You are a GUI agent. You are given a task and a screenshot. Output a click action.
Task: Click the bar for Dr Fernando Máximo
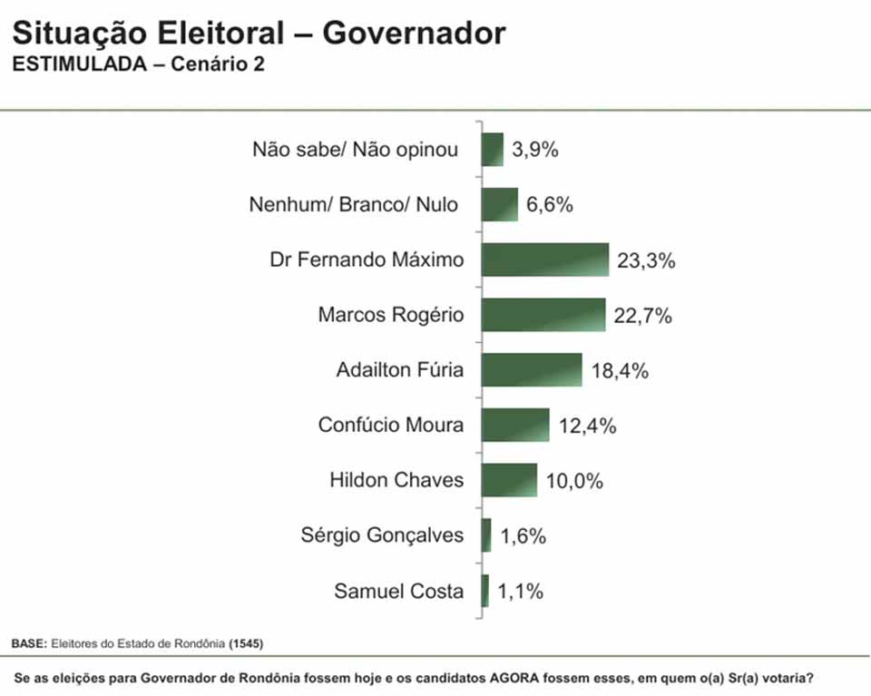pos(544,260)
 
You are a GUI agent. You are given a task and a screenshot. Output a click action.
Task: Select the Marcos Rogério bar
pos(543,315)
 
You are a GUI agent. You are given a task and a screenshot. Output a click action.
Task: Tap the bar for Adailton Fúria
pos(531,369)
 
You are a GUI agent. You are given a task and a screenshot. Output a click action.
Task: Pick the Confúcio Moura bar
pos(514,425)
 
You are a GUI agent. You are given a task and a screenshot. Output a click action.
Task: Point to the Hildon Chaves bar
pos(508,480)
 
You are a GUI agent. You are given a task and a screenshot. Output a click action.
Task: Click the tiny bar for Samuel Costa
pos(485,591)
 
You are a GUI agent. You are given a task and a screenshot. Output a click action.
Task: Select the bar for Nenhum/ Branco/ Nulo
pos(499,204)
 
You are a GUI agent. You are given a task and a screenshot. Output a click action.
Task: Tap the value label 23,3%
pos(647,261)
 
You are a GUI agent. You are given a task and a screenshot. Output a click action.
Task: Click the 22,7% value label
pos(643,316)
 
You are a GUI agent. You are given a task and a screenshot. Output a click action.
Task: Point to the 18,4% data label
pos(620,371)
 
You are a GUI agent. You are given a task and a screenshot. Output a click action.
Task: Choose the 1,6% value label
pos(523,536)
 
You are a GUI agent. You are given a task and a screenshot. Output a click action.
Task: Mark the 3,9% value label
pos(534,150)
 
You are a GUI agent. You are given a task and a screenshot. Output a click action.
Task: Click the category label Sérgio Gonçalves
pos(382,535)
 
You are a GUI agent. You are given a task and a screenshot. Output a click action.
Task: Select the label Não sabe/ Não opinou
pos(356,150)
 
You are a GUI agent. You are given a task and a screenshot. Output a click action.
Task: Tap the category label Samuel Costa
pos(398,592)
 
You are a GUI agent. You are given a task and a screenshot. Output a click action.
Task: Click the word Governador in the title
pos(414,34)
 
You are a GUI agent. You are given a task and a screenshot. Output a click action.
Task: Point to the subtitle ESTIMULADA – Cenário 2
pos(138,65)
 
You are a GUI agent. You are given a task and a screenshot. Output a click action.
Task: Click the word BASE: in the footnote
pos(28,643)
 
